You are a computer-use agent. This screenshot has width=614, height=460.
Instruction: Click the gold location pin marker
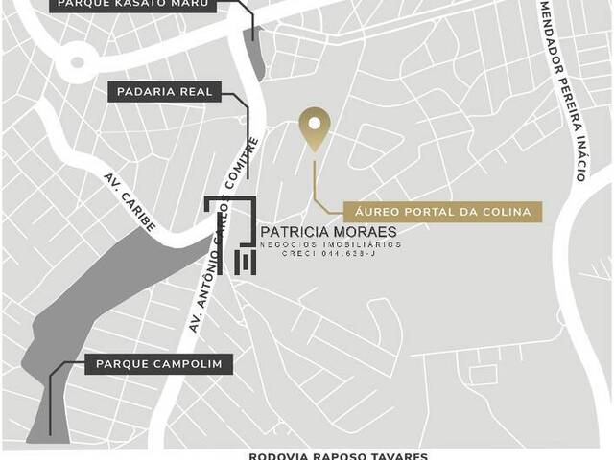[315, 127]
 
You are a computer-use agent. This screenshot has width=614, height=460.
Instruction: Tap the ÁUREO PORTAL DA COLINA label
[429, 212]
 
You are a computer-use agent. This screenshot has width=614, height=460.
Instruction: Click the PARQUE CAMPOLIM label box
[158, 364]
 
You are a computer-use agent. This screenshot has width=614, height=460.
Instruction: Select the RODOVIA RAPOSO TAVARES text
[338, 456]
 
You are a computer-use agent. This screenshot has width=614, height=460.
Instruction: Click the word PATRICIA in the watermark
[295, 232]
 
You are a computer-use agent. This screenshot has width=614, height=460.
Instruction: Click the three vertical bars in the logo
[247, 261]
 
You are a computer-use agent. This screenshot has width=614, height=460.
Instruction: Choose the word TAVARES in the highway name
[397, 456]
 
